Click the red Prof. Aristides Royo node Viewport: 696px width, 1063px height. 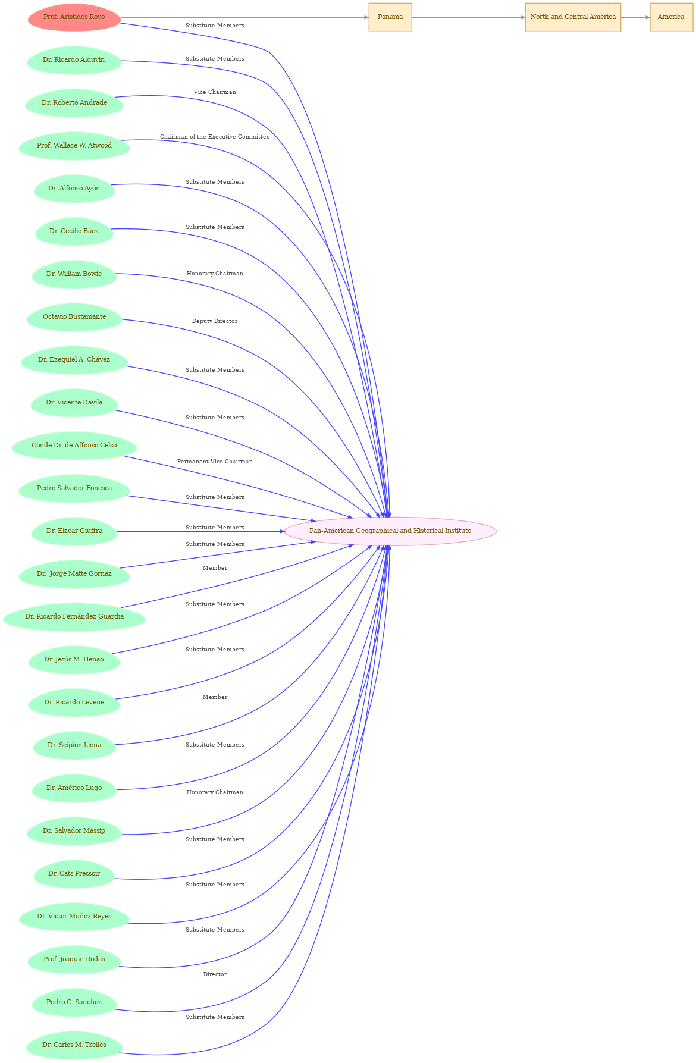coord(74,17)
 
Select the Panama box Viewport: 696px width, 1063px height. coord(390,17)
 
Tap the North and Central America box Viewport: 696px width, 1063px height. coord(573,17)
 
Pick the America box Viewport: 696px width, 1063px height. coord(671,17)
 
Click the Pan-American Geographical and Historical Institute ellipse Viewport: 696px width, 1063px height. coord(390,531)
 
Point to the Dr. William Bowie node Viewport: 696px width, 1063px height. coord(74,274)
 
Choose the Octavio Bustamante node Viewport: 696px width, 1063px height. coord(74,317)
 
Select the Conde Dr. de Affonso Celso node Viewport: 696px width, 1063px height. coord(74,446)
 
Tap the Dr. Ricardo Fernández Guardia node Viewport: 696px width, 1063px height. coord(74,617)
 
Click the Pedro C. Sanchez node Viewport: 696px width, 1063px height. coord(74,1002)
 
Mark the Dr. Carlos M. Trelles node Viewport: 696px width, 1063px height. coord(74,1045)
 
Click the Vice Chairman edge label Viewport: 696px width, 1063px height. coord(215,92)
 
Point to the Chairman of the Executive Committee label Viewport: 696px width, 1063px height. coord(215,137)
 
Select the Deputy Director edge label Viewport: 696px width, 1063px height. coord(215,321)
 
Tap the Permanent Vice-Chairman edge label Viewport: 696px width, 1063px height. coord(215,462)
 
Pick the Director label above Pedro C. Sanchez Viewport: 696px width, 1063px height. coord(215,974)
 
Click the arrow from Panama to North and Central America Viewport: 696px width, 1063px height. coord(469,17)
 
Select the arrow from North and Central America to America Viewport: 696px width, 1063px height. coord(635,17)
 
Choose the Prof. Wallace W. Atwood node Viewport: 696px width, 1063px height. coord(74,146)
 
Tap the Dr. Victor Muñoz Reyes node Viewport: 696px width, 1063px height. coord(74,917)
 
